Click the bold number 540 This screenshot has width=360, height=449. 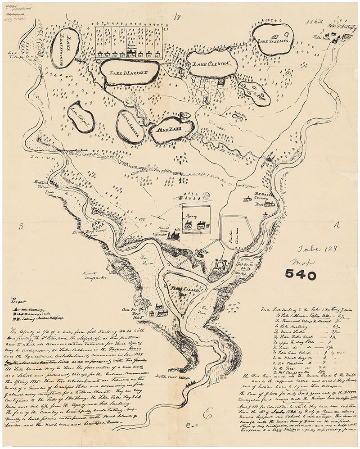point(300,275)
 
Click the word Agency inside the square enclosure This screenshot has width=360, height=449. point(192,216)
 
